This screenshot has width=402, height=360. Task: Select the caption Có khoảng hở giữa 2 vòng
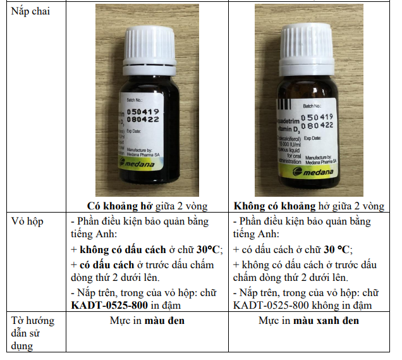tap(147, 206)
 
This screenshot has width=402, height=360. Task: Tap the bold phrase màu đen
tap(164, 320)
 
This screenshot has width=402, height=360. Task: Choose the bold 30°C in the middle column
tap(206, 249)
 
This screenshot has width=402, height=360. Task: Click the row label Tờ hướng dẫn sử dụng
tap(33, 333)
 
